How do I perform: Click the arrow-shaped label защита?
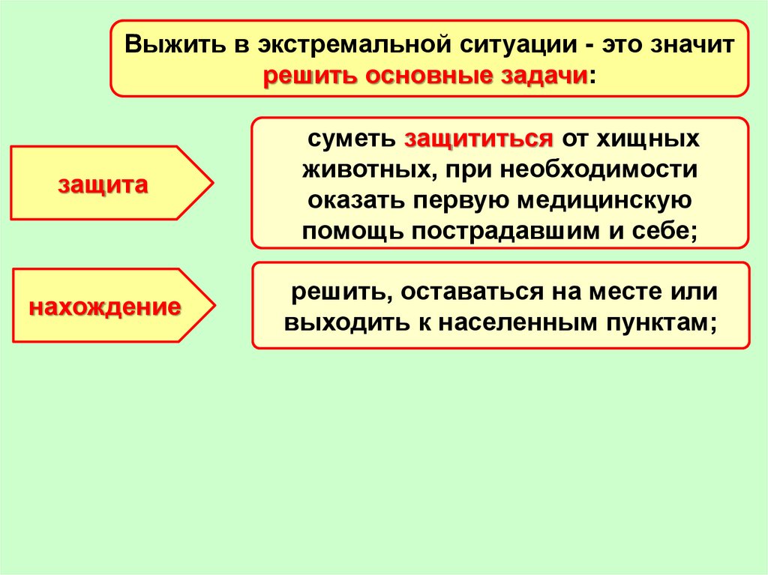pyautogui.click(x=103, y=184)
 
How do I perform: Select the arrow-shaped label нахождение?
pyautogui.click(x=105, y=307)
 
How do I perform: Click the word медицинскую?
pyautogui.click(x=604, y=201)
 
